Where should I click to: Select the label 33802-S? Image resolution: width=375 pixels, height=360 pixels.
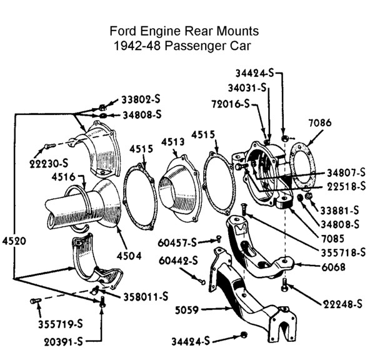(x=141, y=99)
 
